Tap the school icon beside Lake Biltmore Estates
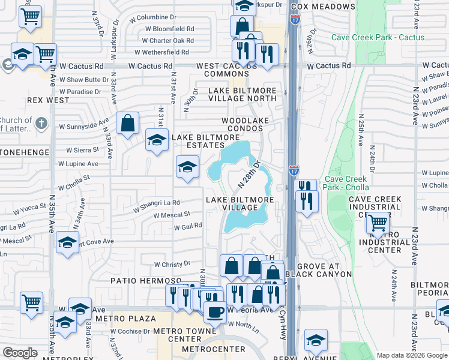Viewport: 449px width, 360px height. coord(157,140)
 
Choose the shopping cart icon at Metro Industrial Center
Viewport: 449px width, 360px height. coord(378,224)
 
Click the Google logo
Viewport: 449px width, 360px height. coord(20,353)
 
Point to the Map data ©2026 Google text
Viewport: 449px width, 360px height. coord(412,355)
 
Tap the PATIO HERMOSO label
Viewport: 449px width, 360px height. coord(136,280)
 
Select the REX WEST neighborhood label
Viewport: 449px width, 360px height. coord(48,100)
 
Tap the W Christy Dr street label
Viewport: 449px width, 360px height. coord(172,264)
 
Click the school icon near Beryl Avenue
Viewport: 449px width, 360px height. coord(315,340)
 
